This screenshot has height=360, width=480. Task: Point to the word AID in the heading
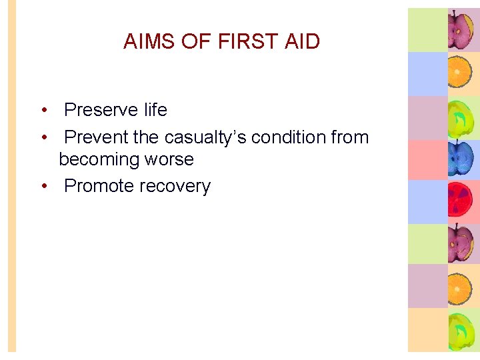[x=302, y=41]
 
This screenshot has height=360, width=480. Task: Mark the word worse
[x=171, y=160]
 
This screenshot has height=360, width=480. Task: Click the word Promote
[x=99, y=186]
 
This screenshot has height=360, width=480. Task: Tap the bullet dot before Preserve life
[x=43, y=110]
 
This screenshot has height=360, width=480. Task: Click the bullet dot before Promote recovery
[x=43, y=186]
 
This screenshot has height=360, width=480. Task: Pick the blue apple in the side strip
[x=461, y=159]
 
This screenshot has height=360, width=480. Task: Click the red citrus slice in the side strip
[x=461, y=202]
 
